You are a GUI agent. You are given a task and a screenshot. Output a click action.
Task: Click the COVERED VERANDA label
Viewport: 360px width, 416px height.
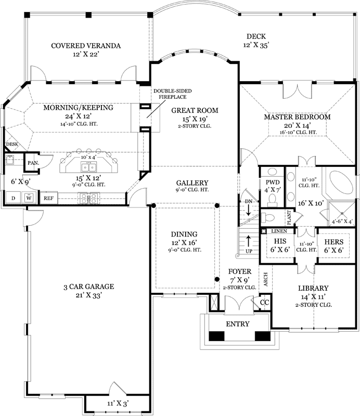coord(86,46)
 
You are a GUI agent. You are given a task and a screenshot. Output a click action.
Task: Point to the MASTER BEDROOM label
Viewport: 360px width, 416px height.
coord(297,117)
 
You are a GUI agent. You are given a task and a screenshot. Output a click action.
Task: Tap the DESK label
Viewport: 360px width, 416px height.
coord(11,144)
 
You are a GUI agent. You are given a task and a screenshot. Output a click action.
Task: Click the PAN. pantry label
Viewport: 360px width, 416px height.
coord(33,163)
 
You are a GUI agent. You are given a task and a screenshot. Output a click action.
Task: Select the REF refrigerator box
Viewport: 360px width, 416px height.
coord(48,198)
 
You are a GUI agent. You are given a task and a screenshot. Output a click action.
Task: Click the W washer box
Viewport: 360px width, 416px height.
coord(29,198)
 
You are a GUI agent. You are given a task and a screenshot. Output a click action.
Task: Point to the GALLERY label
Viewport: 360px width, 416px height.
coord(192,183)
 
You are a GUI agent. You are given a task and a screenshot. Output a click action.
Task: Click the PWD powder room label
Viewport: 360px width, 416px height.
coord(273,183)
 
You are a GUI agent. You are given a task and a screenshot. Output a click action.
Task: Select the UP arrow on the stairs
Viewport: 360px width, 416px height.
coord(249,243)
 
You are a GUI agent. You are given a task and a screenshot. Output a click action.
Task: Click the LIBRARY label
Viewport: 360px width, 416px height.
coord(313,288)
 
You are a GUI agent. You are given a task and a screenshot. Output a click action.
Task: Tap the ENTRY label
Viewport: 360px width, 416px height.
coord(237,324)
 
